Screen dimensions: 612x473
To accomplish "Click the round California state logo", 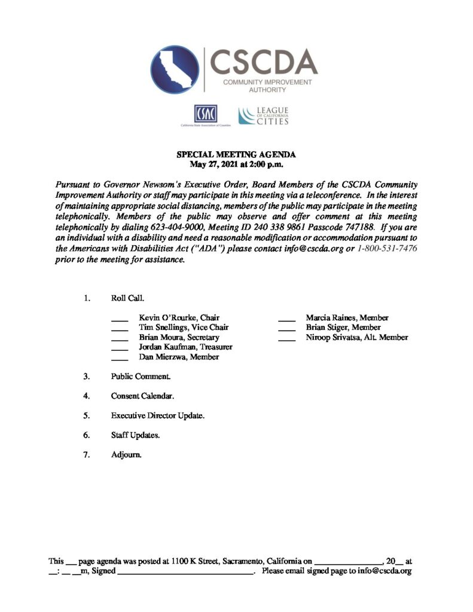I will tap(175, 70).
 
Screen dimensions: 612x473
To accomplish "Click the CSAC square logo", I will tap(205, 114).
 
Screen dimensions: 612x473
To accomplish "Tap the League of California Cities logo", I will tap(263, 116).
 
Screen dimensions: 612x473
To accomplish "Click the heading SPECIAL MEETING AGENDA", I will tap(236, 155).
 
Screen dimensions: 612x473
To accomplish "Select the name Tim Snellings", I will tap(161, 328).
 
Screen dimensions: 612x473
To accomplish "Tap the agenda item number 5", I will tap(87, 415).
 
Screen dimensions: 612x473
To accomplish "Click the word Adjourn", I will tap(126, 455).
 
